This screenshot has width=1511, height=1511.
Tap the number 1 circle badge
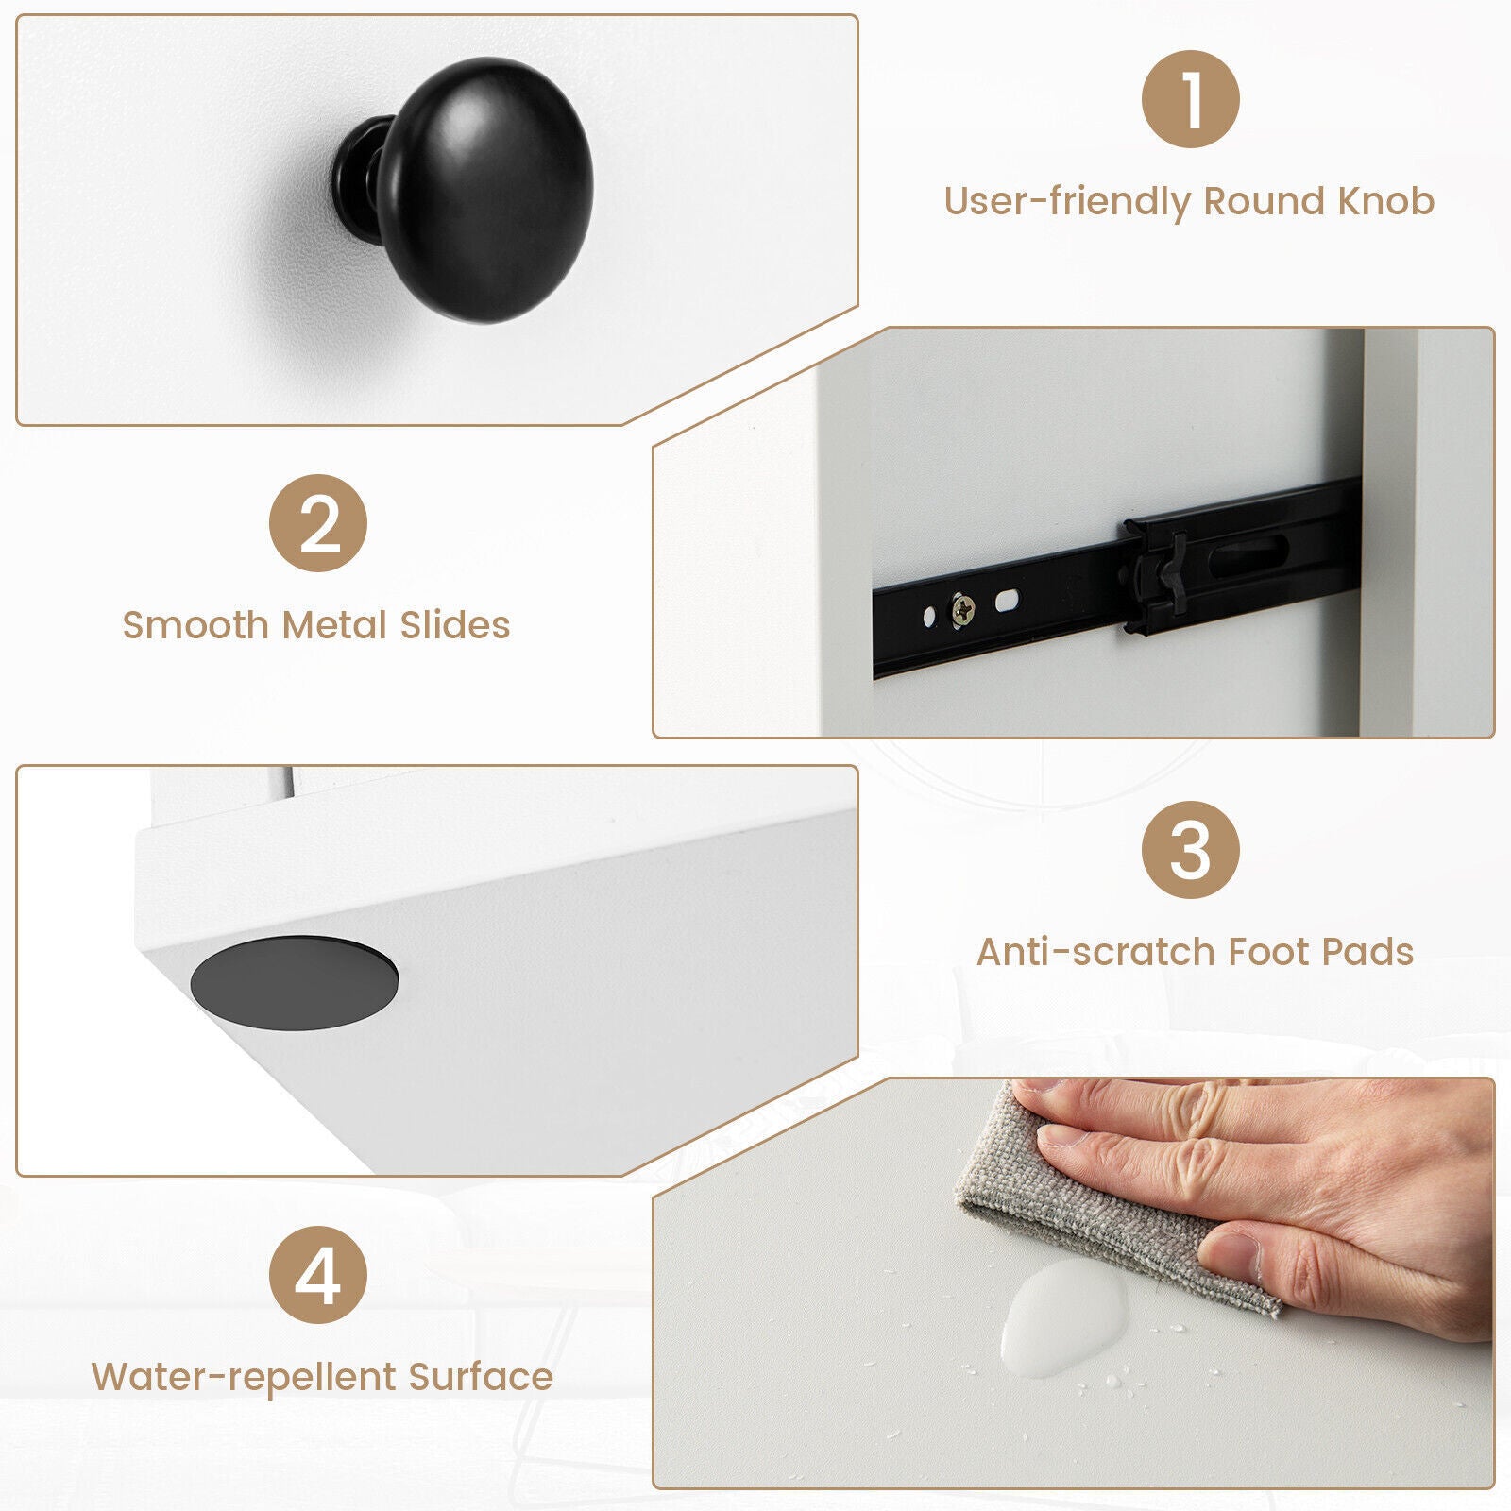[1190, 99]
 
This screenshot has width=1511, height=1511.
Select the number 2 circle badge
[318, 523]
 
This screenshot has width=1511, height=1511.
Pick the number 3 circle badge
[1190, 850]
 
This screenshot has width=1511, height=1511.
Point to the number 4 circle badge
[318, 1274]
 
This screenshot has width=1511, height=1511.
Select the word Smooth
[195, 625]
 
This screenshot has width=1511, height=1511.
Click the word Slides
[455, 625]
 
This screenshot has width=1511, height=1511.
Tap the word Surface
[481, 1377]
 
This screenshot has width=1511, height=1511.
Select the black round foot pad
[294, 980]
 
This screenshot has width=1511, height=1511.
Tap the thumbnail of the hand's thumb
[1231, 1251]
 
